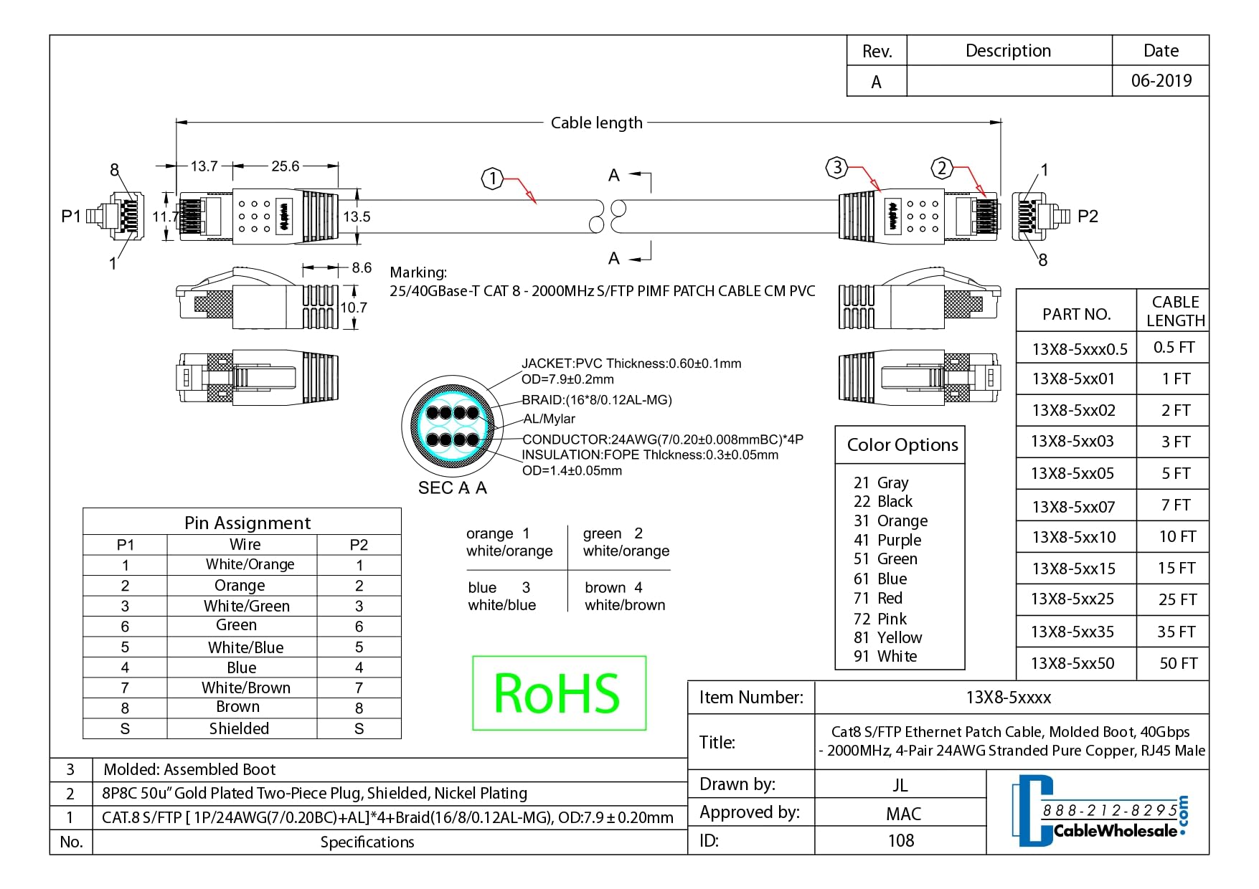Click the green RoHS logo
point(558,693)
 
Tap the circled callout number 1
point(492,179)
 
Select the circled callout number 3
point(836,168)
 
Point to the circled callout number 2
point(941,168)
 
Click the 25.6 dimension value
point(285,166)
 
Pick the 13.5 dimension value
point(357,217)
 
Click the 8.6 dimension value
point(362,268)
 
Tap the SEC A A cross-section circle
point(452,426)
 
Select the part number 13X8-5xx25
point(1072,599)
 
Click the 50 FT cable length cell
point(1178,663)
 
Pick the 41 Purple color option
point(887,540)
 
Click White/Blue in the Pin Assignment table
point(245,647)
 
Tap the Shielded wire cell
point(239,728)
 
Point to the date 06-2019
point(1161,81)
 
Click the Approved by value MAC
point(903,814)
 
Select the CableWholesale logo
point(1099,811)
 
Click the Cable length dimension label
point(596,123)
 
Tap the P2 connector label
point(1088,217)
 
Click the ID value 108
point(901,840)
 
